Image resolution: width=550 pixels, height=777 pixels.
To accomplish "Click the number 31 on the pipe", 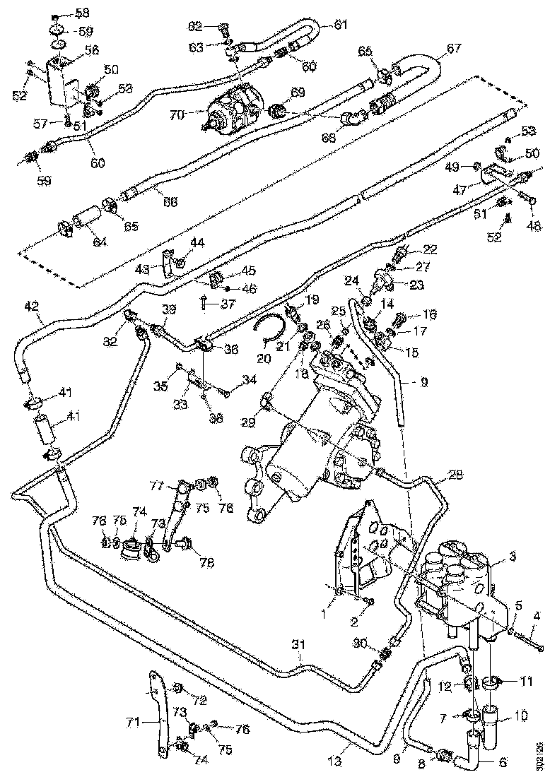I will pyautogui.click(x=300, y=644).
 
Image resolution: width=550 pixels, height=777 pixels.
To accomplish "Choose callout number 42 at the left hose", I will pyautogui.click(x=30, y=307).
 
